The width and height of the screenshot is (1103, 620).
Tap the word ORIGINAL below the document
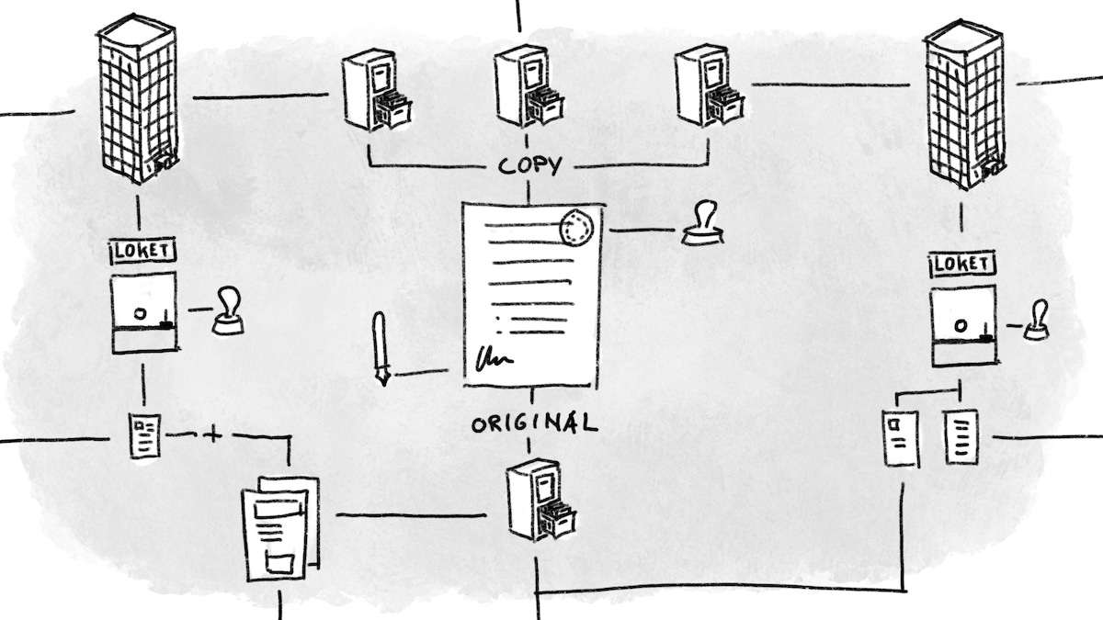click(x=533, y=423)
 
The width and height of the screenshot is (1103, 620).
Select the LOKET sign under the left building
click(x=143, y=250)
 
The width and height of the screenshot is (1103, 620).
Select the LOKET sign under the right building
click(x=962, y=265)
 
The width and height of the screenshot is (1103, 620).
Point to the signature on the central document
click(x=493, y=359)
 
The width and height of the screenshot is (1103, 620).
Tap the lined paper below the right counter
click(x=961, y=437)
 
